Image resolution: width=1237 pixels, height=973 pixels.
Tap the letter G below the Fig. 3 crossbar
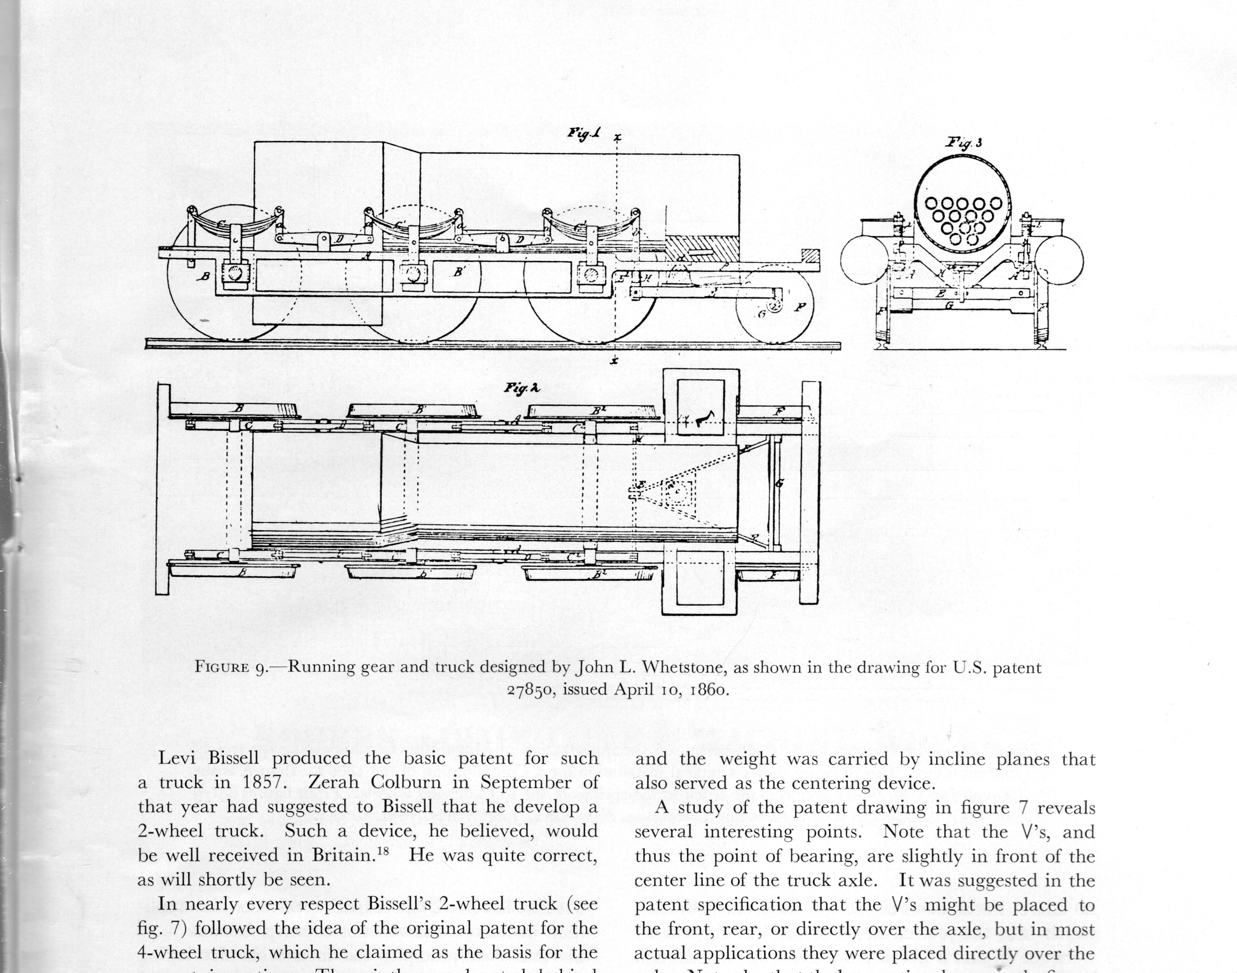coord(949,306)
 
